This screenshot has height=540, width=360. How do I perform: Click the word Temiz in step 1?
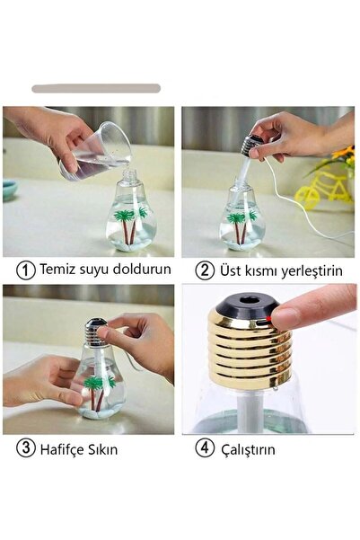coord(58,270)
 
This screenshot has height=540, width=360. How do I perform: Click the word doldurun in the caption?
coord(137,270)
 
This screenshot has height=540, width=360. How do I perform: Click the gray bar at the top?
coord(96,89)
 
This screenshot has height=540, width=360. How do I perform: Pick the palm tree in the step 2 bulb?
coord(238,225)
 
